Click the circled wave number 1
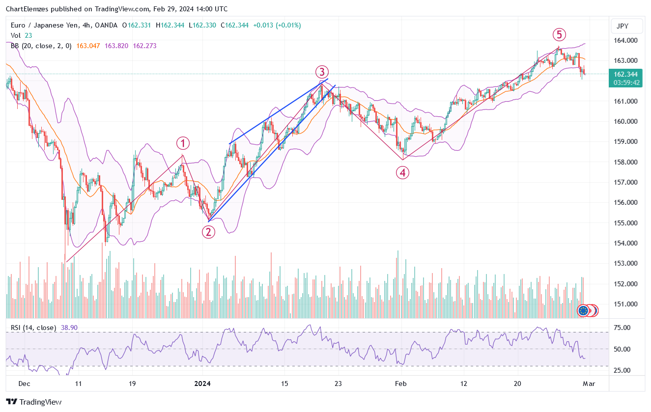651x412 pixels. click(183, 143)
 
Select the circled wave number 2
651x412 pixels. click(209, 232)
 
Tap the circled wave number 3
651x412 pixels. click(321, 72)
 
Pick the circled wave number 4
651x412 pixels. click(403, 172)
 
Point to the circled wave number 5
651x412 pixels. click(559, 34)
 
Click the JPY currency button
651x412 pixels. click(623, 27)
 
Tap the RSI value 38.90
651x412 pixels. click(68, 328)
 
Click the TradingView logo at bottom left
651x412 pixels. click(34, 402)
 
